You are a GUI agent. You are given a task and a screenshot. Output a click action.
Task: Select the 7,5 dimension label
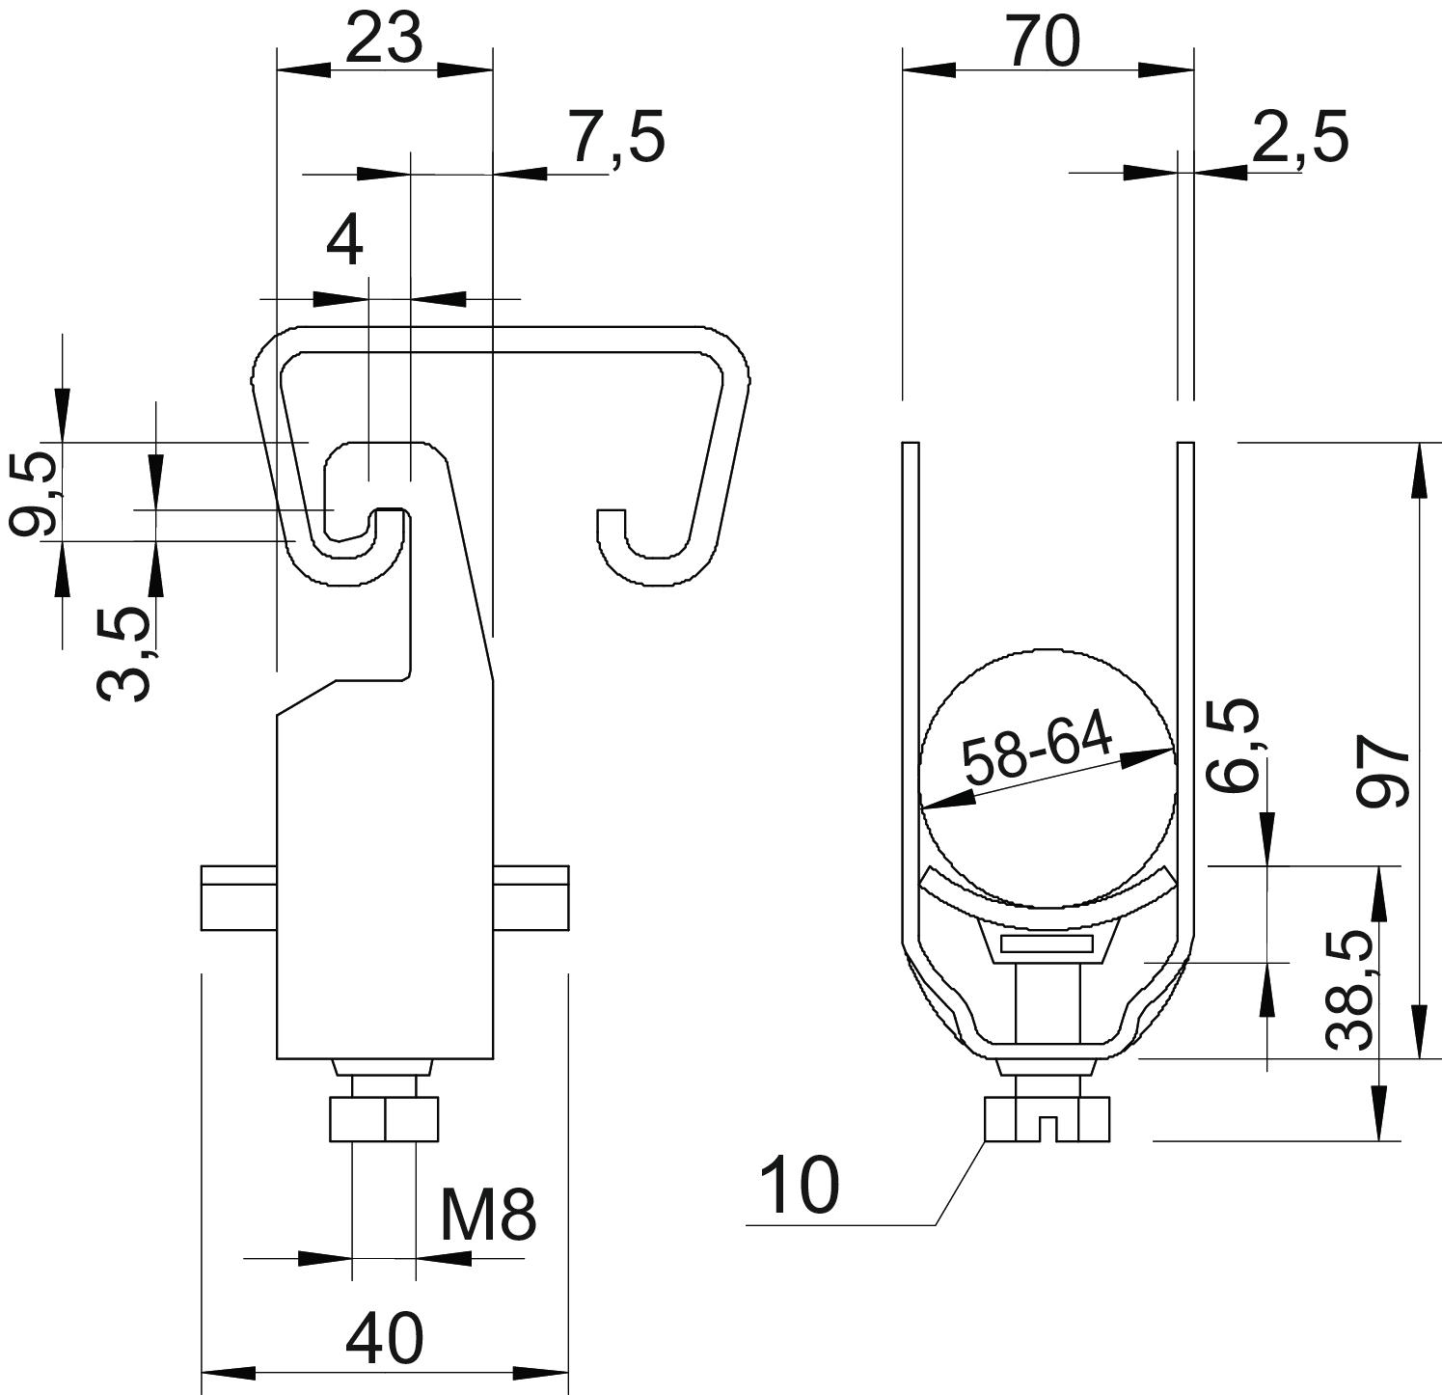(x=616, y=139)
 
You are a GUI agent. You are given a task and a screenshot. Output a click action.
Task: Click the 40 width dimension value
(x=384, y=1338)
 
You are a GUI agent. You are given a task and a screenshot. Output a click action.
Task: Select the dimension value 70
(x=1045, y=42)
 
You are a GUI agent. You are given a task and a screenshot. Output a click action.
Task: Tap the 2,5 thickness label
(x=1298, y=139)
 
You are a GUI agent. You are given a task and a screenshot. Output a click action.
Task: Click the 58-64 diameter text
(x=1038, y=749)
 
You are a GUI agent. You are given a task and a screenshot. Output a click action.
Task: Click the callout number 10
(x=800, y=1186)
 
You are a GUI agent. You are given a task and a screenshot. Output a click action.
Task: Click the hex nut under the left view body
(x=384, y=1119)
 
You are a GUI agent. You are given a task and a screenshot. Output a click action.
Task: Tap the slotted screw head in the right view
(x=1047, y=1120)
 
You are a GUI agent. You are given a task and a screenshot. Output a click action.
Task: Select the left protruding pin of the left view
(x=239, y=898)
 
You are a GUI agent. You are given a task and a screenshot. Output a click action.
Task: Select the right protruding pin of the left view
(x=531, y=898)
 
